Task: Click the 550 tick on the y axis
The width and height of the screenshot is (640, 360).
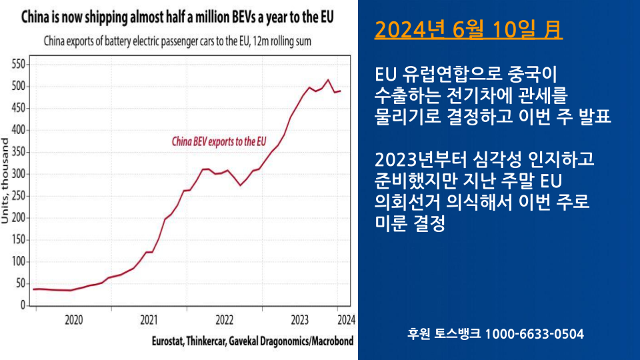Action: pyautogui.click(x=17, y=64)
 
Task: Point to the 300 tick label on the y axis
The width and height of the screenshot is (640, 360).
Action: pyautogui.click(x=17, y=174)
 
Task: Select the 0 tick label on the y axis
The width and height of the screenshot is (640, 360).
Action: pyautogui.click(x=22, y=305)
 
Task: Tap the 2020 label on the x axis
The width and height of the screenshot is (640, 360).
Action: pyautogui.click(x=74, y=319)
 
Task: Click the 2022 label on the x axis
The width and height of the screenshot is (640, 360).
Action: pyautogui.click(x=224, y=319)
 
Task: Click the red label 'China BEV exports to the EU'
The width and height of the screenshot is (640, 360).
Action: pyautogui.click(x=219, y=141)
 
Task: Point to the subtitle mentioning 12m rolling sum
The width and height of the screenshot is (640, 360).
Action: pyautogui.click(x=178, y=41)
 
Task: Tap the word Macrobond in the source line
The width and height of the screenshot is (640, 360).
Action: pyautogui.click(x=331, y=341)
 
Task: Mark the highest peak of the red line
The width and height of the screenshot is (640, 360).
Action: pyautogui.click(x=328, y=80)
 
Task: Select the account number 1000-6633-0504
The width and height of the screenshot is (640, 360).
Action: pyautogui.click(x=534, y=333)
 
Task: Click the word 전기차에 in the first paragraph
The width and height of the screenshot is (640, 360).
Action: pyautogui.click(x=492, y=94)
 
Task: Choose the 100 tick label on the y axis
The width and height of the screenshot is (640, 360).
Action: pyautogui.click(x=17, y=261)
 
